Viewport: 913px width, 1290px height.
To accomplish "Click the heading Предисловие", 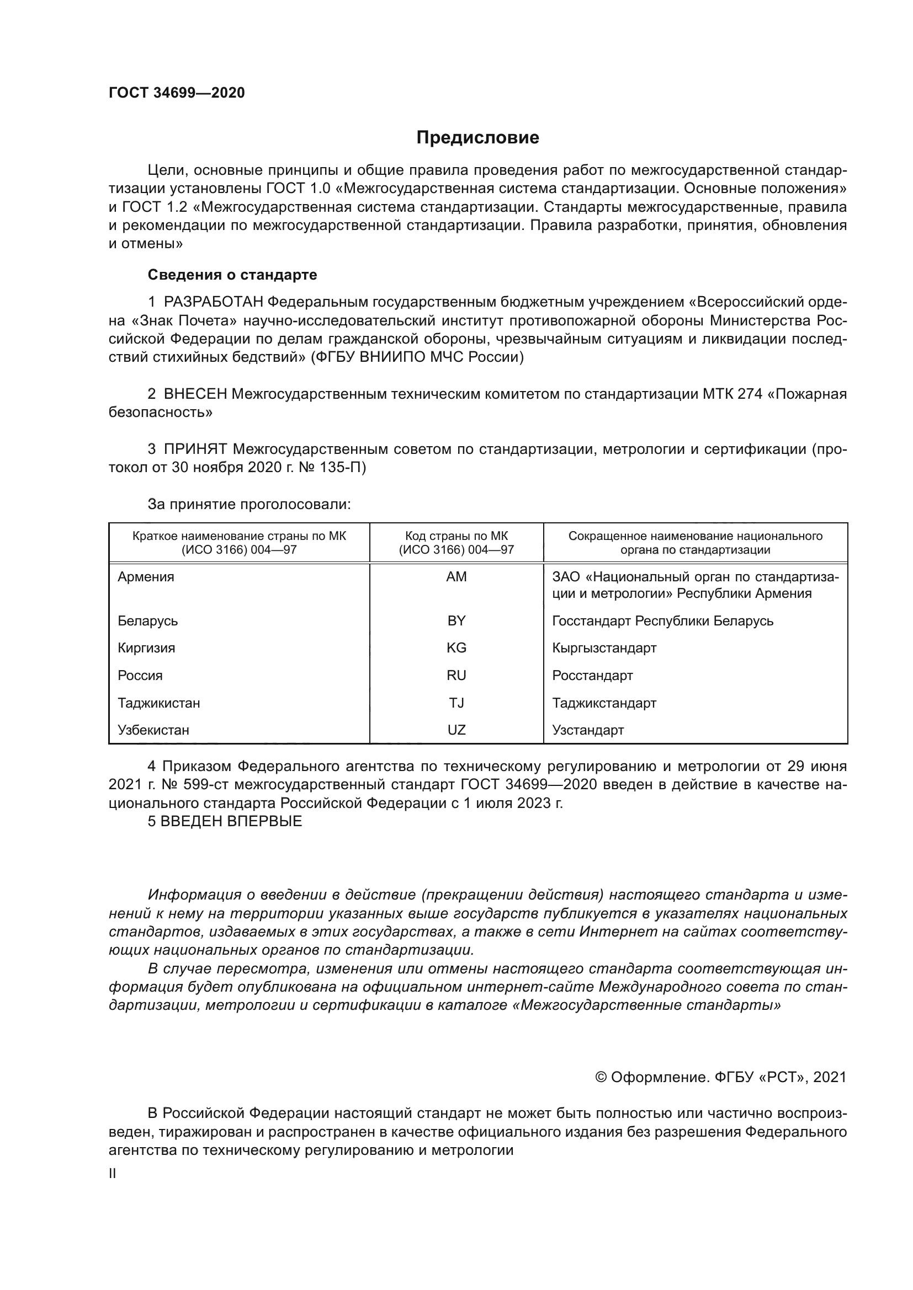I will (x=477, y=138).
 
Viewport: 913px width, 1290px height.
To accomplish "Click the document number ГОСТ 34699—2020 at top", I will (x=177, y=93).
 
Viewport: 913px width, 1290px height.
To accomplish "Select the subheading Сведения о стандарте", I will (x=232, y=275).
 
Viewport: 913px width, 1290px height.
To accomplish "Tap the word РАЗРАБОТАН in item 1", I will (x=214, y=302).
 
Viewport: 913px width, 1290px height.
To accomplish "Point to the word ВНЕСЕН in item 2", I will (x=195, y=394).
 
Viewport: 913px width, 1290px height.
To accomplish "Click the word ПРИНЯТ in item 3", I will (x=195, y=449).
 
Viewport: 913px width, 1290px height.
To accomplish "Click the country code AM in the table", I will (x=456, y=577).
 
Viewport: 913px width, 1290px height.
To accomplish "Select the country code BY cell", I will (x=456, y=621).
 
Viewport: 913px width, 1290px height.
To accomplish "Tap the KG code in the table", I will (x=456, y=648).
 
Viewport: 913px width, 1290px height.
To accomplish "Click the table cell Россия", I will (x=140, y=676).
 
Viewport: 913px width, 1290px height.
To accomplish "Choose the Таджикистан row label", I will (x=158, y=703).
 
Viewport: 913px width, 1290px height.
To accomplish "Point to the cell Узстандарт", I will (x=587, y=730).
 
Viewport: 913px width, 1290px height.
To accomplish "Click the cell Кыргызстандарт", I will (x=604, y=648).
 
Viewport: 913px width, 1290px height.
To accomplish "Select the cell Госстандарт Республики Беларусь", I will (x=662, y=621).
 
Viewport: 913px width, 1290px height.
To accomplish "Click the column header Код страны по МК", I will (x=456, y=537).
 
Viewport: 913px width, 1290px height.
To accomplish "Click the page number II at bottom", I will (x=113, y=1173).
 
